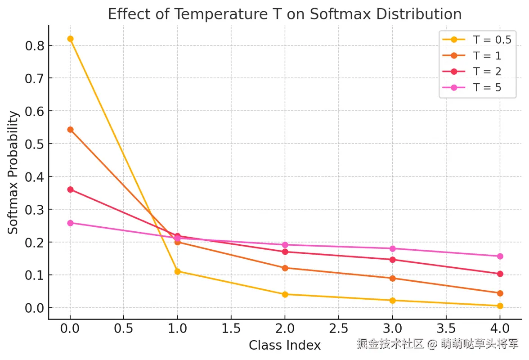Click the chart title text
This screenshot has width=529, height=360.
click(x=284, y=14)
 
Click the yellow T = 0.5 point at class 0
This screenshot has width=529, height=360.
click(x=70, y=39)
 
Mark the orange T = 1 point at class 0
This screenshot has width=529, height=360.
click(x=70, y=130)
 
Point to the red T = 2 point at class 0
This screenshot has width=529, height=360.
click(x=70, y=189)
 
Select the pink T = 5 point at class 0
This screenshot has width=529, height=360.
click(x=70, y=223)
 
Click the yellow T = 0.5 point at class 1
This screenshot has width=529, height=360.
click(x=177, y=271)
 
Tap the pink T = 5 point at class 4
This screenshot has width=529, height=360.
click(x=500, y=256)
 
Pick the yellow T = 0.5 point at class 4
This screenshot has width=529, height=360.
click(x=500, y=306)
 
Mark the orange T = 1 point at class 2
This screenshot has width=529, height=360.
click(x=285, y=268)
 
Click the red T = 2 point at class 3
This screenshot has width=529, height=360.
click(x=392, y=260)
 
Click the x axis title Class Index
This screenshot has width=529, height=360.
click(x=285, y=345)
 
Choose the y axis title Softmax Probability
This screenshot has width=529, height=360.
click(x=14, y=172)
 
